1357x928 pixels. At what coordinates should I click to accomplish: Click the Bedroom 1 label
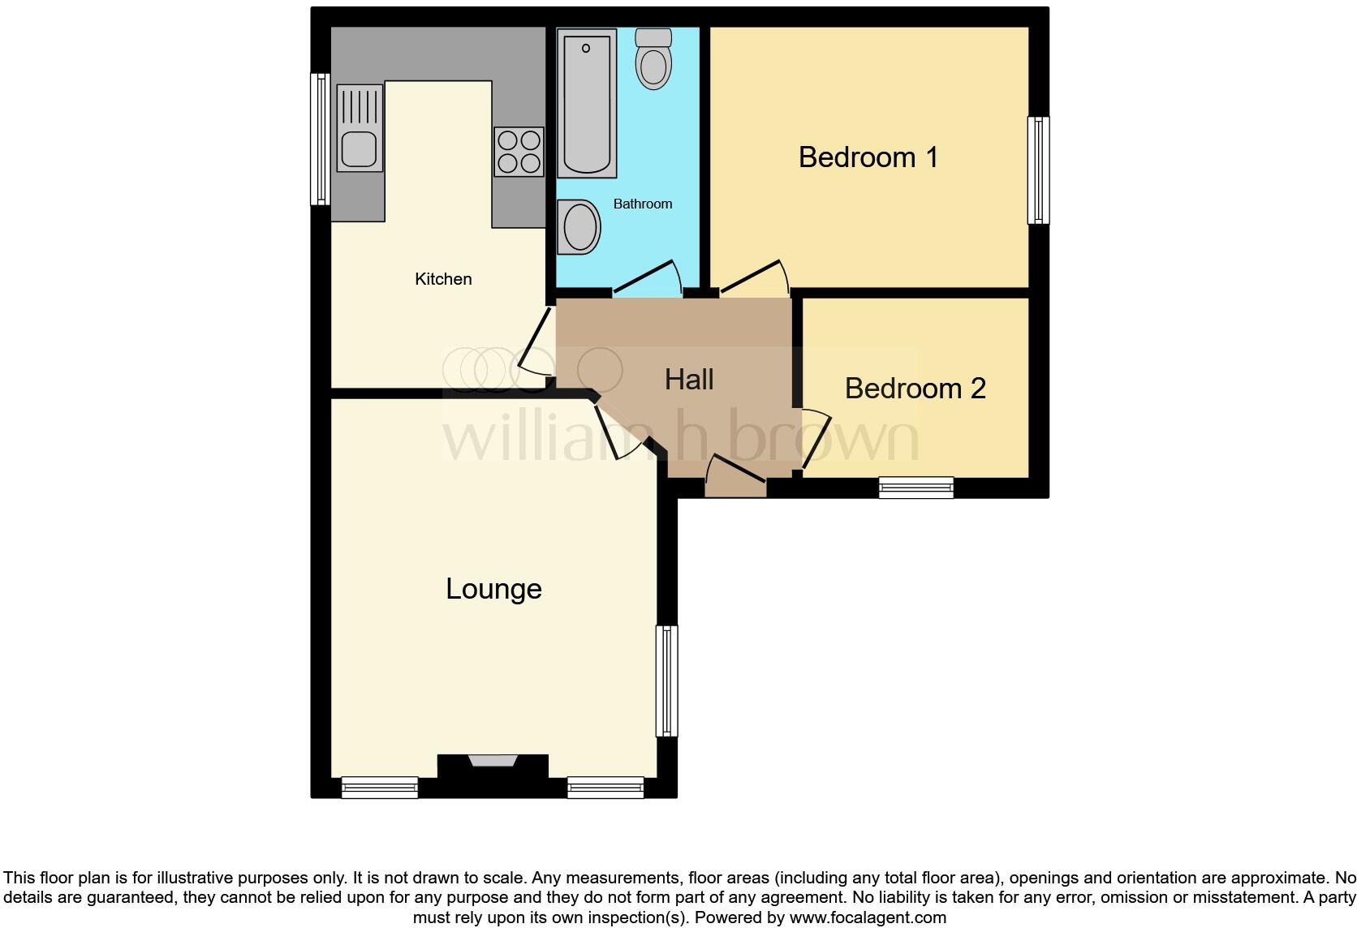868,157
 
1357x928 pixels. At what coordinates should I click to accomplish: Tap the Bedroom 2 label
915,389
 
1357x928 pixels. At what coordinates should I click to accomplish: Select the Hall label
689,379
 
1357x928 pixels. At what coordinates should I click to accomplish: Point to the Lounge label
493,588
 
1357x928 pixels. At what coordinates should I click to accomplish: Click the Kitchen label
443,279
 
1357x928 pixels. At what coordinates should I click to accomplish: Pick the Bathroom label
642,204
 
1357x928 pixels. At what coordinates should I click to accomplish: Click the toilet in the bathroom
653,60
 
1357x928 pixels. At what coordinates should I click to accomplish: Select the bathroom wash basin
579,227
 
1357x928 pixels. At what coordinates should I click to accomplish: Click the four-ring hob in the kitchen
519,152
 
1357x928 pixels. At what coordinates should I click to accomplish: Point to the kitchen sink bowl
358,150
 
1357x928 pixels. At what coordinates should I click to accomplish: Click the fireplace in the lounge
493,761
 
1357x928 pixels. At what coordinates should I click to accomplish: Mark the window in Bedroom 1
1038,170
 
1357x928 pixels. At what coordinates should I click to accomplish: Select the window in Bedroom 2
915,487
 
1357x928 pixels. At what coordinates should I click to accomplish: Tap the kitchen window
321,139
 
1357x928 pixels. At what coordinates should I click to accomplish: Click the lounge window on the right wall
666,680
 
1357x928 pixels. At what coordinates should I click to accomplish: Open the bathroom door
648,277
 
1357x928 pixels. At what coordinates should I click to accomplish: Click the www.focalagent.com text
868,917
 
